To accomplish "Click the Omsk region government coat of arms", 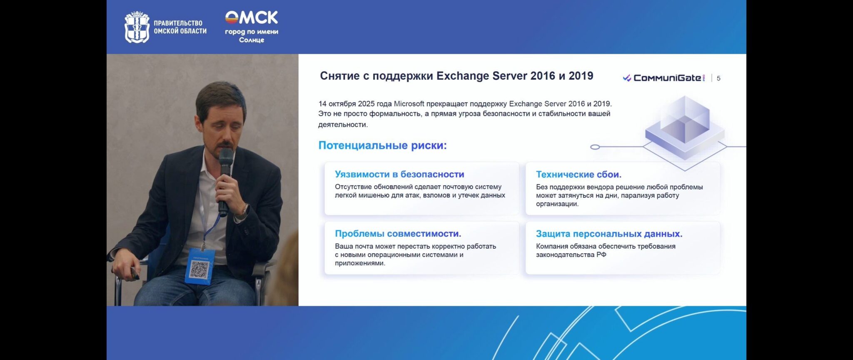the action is [x=137, y=27].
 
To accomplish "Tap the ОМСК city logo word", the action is [x=252, y=17].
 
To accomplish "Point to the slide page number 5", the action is [x=718, y=78].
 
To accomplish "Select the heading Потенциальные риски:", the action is [x=382, y=145].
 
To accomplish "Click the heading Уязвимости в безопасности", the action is [x=399, y=174].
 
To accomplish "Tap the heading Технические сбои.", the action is [x=579, y=174].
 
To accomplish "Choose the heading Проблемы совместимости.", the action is [x=398, y=234].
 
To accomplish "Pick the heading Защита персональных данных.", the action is [x=609, y=234].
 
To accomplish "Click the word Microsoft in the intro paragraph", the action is [x=409, y=104].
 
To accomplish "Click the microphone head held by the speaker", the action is [x=226, y=158].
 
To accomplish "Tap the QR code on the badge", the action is [x=199, y=269].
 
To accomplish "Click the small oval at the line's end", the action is [x=595, y=147].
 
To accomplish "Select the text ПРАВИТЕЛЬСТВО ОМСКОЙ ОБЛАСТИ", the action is [x=180, y=27].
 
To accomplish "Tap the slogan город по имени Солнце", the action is [x=252, y=36].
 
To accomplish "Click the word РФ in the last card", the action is [x=601, y=255].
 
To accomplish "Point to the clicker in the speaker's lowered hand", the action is [x=135, y=273].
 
